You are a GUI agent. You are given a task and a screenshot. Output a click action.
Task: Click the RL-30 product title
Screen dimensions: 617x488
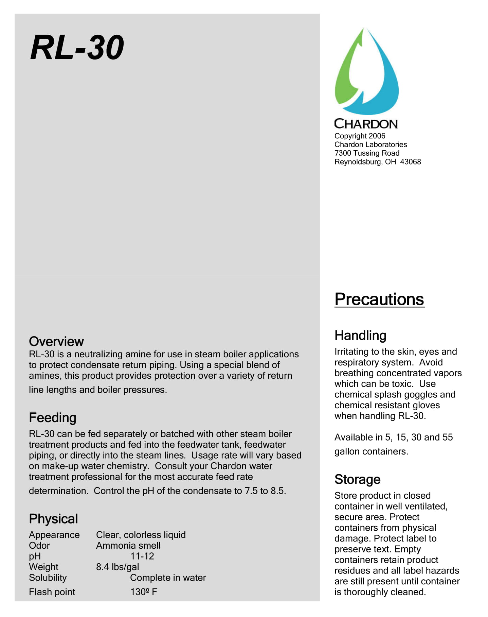click(77, 48)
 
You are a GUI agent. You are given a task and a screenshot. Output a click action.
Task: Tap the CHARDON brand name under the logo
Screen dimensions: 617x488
click(366, 124)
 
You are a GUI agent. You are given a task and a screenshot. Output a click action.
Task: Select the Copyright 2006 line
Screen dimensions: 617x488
click(360, 136)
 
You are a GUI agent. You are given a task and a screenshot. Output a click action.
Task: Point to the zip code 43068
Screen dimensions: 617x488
click(410, 162)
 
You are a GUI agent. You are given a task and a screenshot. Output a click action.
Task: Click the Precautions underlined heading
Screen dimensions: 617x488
click(379, 299)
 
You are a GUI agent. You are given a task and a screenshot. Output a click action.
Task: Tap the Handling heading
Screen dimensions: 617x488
click(360, 336)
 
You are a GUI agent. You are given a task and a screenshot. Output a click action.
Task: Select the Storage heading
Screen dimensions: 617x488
click(357, 479)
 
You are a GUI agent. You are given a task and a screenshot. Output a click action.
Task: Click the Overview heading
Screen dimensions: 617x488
click(56, 342)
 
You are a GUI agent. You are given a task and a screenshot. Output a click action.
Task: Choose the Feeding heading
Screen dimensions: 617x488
click(53, 418)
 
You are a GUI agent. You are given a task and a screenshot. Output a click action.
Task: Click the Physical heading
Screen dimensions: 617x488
click(53, 519)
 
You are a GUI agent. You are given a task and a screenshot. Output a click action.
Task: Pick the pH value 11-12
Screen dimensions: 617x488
click(142, 556)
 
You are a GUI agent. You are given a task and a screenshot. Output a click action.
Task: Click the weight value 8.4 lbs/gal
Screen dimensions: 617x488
click(118, 567)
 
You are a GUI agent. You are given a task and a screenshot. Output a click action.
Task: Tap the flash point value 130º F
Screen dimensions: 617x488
click(144, 592)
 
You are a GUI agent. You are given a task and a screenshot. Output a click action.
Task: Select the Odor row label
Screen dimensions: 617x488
click(39, 546)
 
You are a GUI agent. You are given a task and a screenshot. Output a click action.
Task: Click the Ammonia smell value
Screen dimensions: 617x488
click(128, 546)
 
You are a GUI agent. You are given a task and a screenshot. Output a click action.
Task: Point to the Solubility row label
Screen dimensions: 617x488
click(48, 578)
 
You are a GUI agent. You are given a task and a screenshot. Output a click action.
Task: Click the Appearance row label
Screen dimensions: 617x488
click(54, 535)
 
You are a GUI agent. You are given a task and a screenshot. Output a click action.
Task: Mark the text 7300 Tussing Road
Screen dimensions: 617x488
click(367, 153)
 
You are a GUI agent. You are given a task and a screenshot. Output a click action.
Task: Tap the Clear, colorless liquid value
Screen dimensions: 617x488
click(141, 535)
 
